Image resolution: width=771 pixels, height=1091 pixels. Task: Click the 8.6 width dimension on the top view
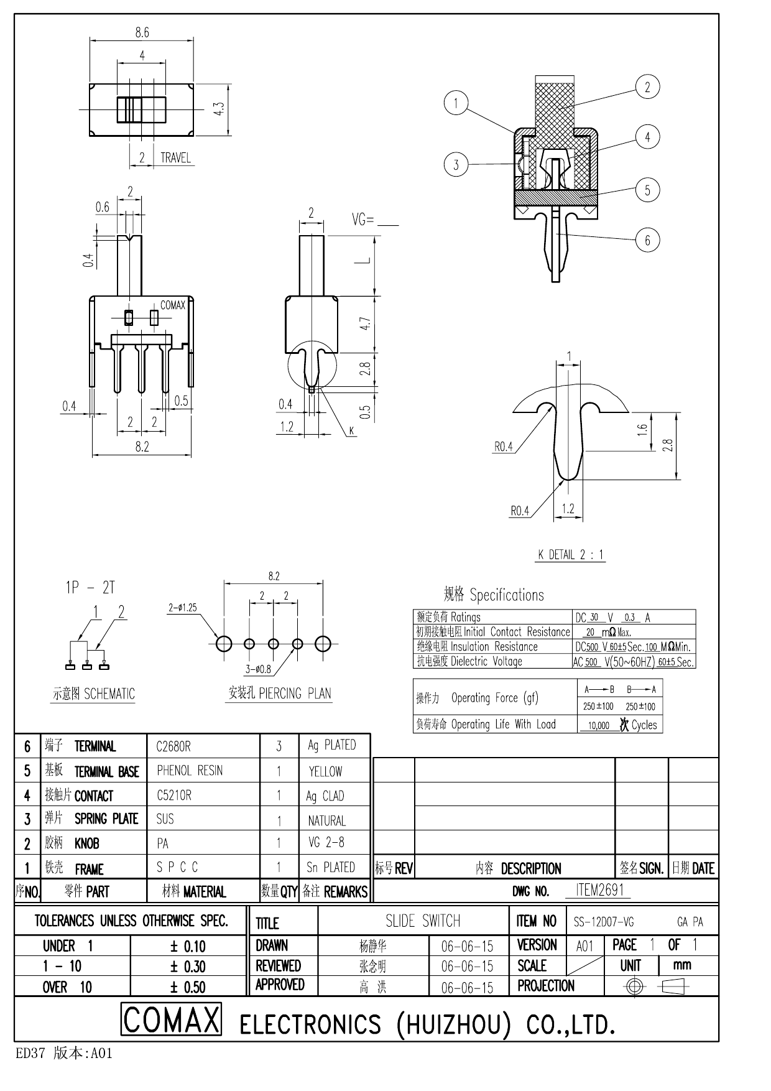click(142, 32)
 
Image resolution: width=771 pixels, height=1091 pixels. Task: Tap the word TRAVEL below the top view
click(175, 158)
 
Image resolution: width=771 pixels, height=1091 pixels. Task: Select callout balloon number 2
click(647, 87)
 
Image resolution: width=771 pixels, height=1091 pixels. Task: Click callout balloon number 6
click(647, 240)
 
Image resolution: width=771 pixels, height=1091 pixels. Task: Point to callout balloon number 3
click(456, 165)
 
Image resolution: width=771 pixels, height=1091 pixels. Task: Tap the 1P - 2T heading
click(91, 587)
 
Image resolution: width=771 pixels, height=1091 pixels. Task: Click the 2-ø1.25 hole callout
click(182, 607)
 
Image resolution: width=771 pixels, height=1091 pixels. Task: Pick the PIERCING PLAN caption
click(279, 693)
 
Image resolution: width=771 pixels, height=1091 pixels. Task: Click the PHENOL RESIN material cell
click(190, 771)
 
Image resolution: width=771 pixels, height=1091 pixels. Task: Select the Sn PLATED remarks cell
click(331, 867)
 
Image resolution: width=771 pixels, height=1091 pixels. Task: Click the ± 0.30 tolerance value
click(188, 967)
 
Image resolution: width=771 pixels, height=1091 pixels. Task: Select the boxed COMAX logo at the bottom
click(171, 1020)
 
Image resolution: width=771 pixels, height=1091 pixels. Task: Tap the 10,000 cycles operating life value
click(598, 725)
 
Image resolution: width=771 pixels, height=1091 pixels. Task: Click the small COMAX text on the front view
click(172, 305)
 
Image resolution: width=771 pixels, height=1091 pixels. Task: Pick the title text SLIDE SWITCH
click(423, 921)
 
